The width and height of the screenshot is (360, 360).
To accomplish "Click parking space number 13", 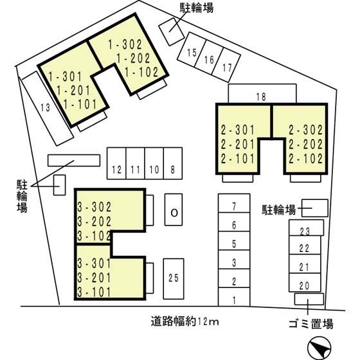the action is pyautogui.click(x=48, y=109).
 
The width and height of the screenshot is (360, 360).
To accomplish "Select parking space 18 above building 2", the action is pyautogui.click(x=262, y=94).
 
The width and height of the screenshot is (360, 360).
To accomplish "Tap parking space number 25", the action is pyautogui.click(x=174, y=279).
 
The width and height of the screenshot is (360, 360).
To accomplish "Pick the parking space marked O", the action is pyautogui.click(x=174, y=210).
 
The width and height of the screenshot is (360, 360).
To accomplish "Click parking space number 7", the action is pyautogui.click(x=234, y=203).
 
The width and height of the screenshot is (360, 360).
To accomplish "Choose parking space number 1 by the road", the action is pyautogui.click(x=234, y=297).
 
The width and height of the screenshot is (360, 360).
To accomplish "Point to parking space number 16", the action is pyautogui.click(x=209, y=57).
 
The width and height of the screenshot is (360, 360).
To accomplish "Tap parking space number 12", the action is pyautogui.click(x=116, y=163).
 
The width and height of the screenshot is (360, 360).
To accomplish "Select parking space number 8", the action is pyautogui.click(x=173, y=163).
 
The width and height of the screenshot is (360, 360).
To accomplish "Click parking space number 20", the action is pyautogui.click(x=305, y=283).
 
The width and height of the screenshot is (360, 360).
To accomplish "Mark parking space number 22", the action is pyautogui.click(x=305, y=245).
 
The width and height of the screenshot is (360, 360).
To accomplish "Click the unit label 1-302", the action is pyautogui.click(x=125, y=44).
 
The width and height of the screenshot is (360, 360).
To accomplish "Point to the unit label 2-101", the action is pyautogui.click(x=238, y=159).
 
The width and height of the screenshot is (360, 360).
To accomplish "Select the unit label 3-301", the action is pyautogui.click(x=94, y=264).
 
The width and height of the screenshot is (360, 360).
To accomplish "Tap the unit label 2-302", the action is pyautogui.click(x=306, y=130).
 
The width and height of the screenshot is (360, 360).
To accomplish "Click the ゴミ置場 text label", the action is pyautogui.click(x=311, y=324).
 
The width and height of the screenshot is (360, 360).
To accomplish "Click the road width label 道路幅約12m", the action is pyautogui.click(x=185, y=321).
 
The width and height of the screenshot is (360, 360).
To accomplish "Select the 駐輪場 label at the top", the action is pyautogui.click(x=197, y=8).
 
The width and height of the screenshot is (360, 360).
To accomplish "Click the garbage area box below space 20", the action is pyautogui.click(x=309, y=299).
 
